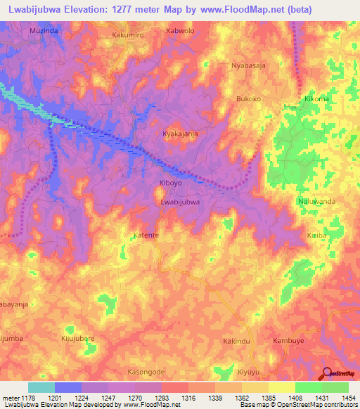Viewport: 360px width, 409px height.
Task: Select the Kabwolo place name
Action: click(179, 32)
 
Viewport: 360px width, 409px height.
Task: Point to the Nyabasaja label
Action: click(249, 65)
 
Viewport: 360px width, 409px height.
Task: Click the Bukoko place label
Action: click(248, 99)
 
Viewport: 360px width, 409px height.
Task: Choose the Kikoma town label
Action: click(316, 99)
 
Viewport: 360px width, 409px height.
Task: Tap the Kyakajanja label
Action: click(180, 134)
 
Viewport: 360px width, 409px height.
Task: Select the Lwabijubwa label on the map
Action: click(181, 202)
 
